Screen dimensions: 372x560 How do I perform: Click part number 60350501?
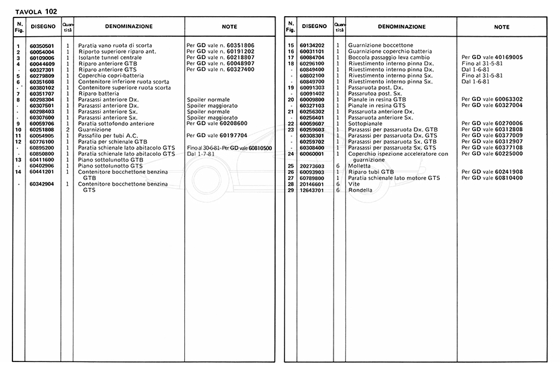42,46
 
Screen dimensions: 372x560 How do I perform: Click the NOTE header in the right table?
502,27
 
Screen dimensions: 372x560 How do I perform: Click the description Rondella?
361,190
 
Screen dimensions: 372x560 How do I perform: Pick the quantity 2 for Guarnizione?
68,130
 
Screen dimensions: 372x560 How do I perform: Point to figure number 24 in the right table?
290,154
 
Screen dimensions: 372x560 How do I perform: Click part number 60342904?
42,184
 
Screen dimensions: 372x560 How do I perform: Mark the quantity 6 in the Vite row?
338,184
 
